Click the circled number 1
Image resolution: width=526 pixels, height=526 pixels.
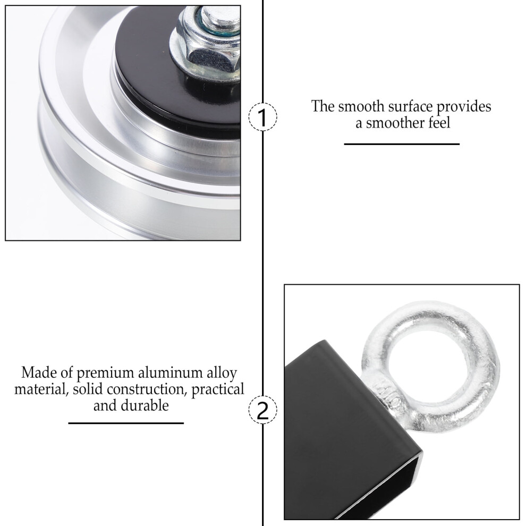click(262, 117)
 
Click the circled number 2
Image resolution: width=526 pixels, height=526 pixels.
click(262, 409)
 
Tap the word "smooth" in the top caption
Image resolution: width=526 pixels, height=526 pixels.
click(361, 106)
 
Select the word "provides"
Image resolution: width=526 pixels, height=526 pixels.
click(464, 107)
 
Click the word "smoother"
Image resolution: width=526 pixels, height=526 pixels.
click(395, 123)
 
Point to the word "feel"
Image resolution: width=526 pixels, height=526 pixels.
click(439, 123)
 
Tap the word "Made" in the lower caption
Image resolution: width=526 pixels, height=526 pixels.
click(38, 372)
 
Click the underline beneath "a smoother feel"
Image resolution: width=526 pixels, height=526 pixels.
click(402, 144)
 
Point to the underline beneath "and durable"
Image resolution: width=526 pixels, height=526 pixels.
click(126, 423)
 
